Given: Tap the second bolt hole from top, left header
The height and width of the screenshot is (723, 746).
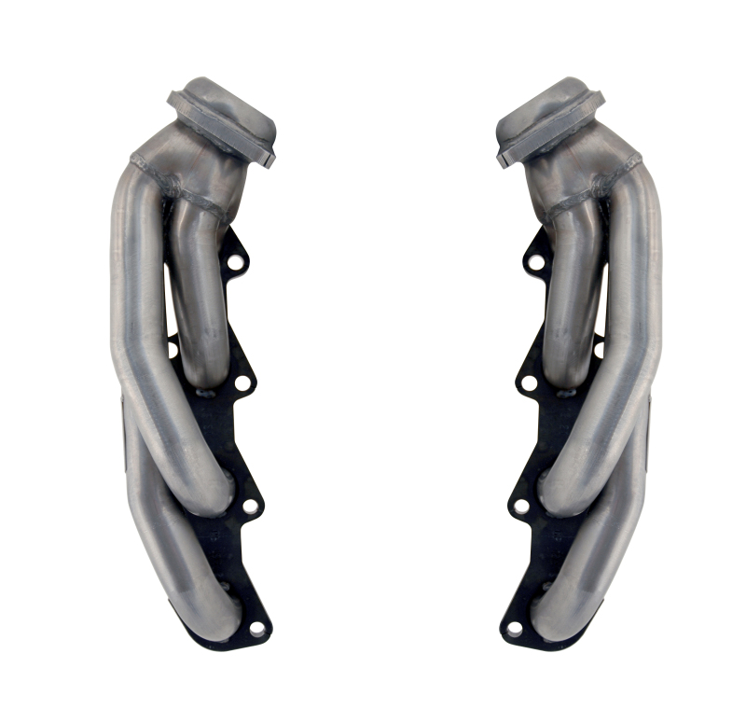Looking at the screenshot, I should (x=242, y=382).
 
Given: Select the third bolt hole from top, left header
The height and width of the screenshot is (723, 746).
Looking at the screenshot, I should (x=250, y=507).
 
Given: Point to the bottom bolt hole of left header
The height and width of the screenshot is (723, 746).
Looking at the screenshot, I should (x=256, y=628).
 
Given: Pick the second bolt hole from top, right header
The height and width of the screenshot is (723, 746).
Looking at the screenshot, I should (x=528, y=382).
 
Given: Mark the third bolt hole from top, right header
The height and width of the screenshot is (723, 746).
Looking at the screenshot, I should (x=520, y=507).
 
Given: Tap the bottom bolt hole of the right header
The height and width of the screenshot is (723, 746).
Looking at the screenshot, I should (x=514, y=628).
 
